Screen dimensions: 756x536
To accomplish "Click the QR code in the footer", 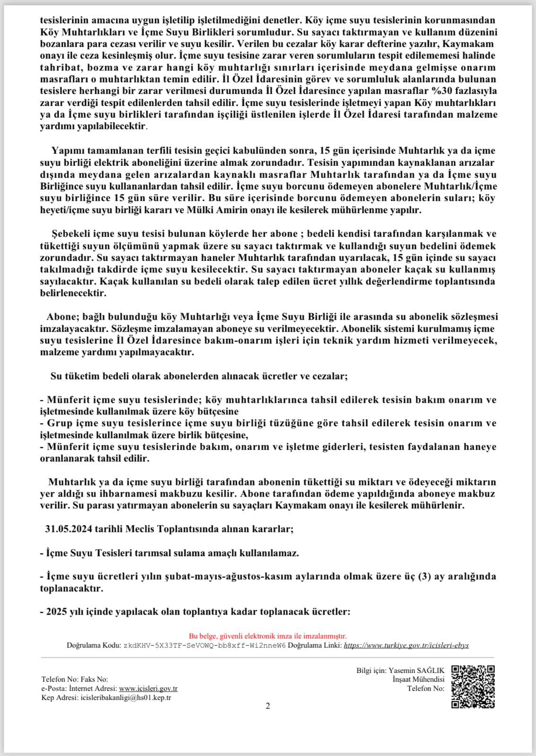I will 473,687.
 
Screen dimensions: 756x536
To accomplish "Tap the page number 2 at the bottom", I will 268,706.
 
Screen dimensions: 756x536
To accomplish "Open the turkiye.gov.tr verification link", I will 406,645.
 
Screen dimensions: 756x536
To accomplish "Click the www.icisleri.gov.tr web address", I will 148,688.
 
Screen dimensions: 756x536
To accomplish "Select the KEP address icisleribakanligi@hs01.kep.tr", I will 126,697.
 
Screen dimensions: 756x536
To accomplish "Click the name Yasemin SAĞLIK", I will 416,670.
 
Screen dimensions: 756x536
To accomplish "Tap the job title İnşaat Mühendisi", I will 418,679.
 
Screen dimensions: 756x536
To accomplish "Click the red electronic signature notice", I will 268,636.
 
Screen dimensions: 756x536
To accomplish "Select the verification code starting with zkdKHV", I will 204,645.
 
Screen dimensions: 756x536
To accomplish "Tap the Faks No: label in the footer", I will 95,679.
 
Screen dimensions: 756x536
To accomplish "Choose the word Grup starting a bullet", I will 58,423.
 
